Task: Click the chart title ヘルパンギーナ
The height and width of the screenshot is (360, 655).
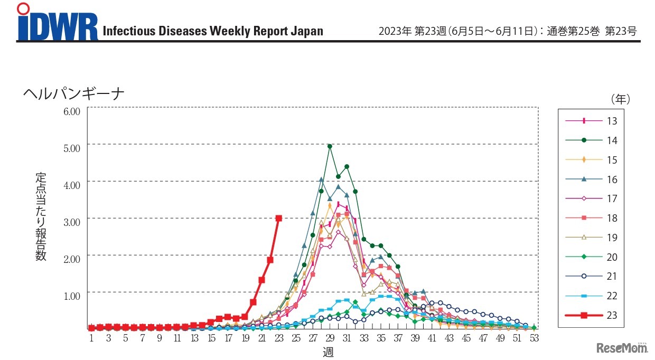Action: [73, 93]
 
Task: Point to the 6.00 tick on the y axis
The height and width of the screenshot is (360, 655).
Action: [71, 111]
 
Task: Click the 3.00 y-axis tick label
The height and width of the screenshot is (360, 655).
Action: [71, 221]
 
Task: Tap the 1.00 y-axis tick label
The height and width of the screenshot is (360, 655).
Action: [71, 295]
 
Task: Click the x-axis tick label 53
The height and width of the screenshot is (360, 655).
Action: [534, 338]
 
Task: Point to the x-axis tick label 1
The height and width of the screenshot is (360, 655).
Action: [91, 338]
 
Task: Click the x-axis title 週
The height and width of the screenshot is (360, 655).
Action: [328, 352]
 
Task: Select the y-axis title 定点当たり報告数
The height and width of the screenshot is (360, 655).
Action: [41, 216]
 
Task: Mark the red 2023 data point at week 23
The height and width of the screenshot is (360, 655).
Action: [279, 218]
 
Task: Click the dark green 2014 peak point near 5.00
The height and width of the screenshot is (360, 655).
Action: [330, 146]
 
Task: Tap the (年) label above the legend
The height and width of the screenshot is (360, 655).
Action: [620, 99]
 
